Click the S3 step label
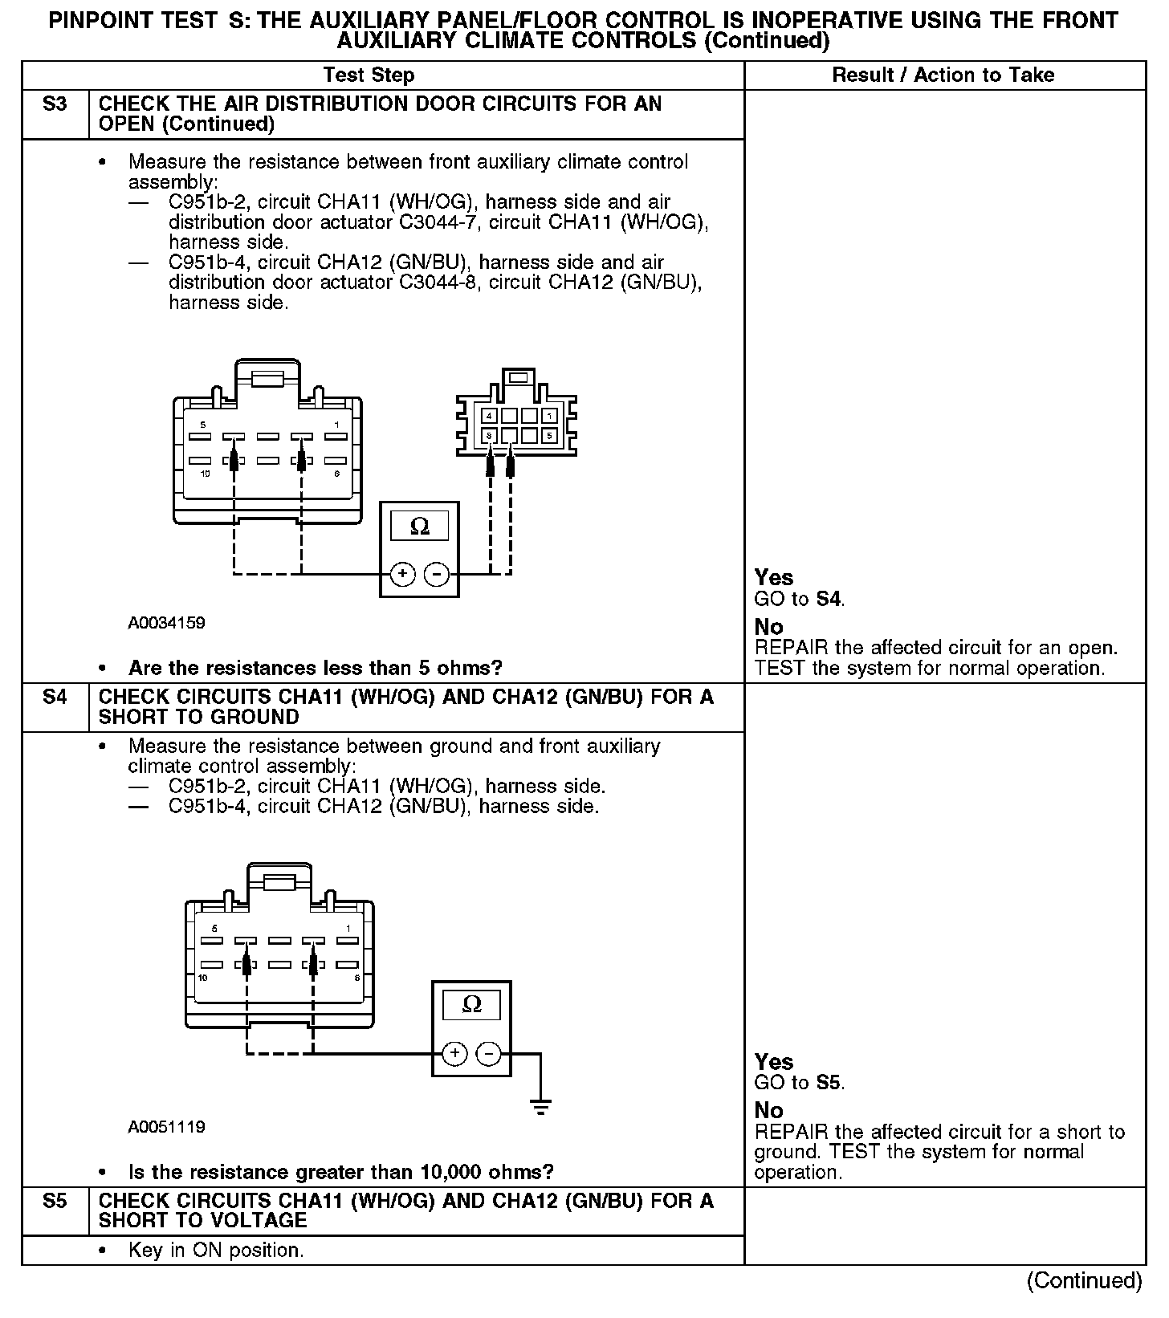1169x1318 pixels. (55, 104)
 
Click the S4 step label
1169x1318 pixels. (55, 697)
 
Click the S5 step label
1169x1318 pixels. (55, 1201)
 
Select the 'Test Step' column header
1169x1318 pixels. (369, 75)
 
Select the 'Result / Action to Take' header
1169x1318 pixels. (943, 75)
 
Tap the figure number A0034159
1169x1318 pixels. (166, 623)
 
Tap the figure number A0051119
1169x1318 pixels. (166, 1127)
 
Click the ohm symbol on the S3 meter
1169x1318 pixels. (419, 527)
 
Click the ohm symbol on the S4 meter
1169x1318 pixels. (472, 1005)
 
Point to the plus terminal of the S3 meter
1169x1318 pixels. (402, 574)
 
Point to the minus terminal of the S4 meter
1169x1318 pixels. (489, 1053)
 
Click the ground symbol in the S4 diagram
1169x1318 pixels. (541, 1108)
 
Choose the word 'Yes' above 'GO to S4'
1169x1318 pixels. (774, 578)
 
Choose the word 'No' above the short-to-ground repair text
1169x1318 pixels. (768, 1111)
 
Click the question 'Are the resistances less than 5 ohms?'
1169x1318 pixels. (315, 668)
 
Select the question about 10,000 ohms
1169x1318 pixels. (340, 1172)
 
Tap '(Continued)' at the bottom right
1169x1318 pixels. (1084, 1280)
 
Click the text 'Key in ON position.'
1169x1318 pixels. (216, 1251)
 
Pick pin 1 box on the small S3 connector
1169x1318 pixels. (549, 416)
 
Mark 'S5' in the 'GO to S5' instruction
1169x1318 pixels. (829, 1083)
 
